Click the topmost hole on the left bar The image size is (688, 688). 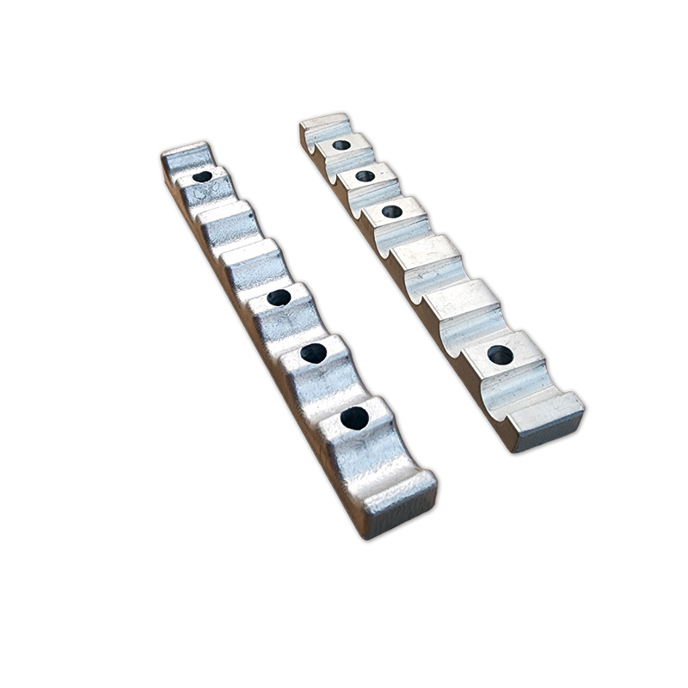pyautogui.click(x=202, y=176)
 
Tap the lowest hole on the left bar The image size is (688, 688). pyautogui.click(x=354, y=419)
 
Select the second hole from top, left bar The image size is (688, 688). pyautogui.click(x=279, y=298)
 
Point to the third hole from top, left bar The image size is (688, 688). pyautogui.click(x=314, y=353)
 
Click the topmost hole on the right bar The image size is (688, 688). pyautogui.click(x=341, y=144)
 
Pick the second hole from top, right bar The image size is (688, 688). pyautogui.click(x=365, y=175)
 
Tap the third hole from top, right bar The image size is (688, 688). pyautogui.click(x=392, y=211)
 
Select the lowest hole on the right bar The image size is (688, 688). pyautogui.click(x=500, y=354)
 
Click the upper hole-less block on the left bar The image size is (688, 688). pyautogui.click(x=226, y=218)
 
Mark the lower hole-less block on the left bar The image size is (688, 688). pyautogui.click(x=250, y=259)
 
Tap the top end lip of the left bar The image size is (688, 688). pyautogui.click(x=184, y=155)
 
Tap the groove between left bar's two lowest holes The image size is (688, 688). pyautogui.click(x=331, y=391)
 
